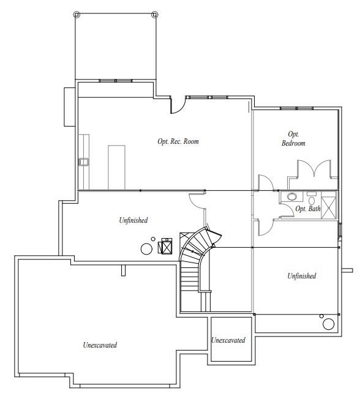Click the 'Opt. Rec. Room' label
click(x=178, y=141)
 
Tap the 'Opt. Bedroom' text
click(x=293, y=138)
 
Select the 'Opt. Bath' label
click(x=308, y=209)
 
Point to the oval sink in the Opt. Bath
click(x=293, y=197)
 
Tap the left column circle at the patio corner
click(x=76, y=14)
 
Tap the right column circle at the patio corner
click(x=154, y=14)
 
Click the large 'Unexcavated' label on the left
click(x=100, y=345)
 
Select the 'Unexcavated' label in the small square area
click(x=228, y=340)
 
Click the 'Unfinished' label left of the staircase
click(x=133, y=220)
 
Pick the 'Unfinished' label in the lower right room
click(x=302, y=276)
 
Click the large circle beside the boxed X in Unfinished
click(x=147, y=248)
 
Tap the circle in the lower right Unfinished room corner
click(x=329, y=324)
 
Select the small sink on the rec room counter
click(x=83, y=162)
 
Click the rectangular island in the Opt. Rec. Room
click(x=116, y=166)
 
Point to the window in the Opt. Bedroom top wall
click(x=297, y=108)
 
